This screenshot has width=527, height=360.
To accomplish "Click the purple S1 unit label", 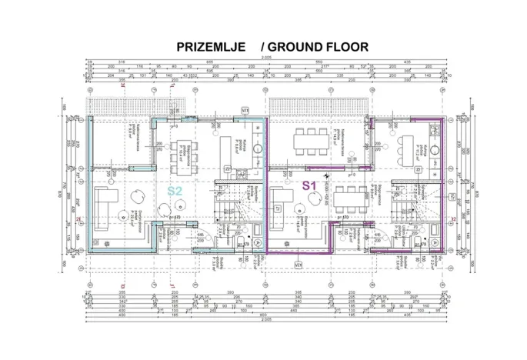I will click(309, 185).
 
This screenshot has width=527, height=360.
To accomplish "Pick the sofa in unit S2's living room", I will click(105, 202).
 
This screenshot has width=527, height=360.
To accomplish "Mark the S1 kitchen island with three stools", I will click(407, 145).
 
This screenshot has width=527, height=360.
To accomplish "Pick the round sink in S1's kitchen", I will click(435, 151).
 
